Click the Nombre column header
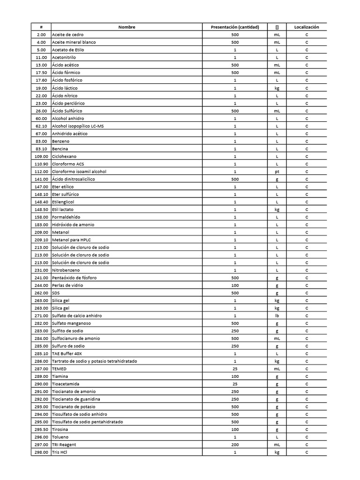point(127,27)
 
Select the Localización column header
point(307,27)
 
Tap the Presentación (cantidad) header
point(235,27)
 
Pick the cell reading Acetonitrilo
point(64,58)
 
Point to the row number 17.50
point(41,73)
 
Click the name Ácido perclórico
point(68,103)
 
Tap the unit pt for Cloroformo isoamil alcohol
point(277,172)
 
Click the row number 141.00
point(41,179)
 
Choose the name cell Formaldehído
point(66,217)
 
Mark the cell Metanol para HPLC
point(72,240)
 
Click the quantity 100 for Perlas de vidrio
point(235,285)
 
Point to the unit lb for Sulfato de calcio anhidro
point(277,316)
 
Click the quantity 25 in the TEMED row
point(235,369)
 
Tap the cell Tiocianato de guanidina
point(75,399)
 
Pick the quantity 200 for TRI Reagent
point(235,445)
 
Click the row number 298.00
point(41,452)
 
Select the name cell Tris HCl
point(60,452)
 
